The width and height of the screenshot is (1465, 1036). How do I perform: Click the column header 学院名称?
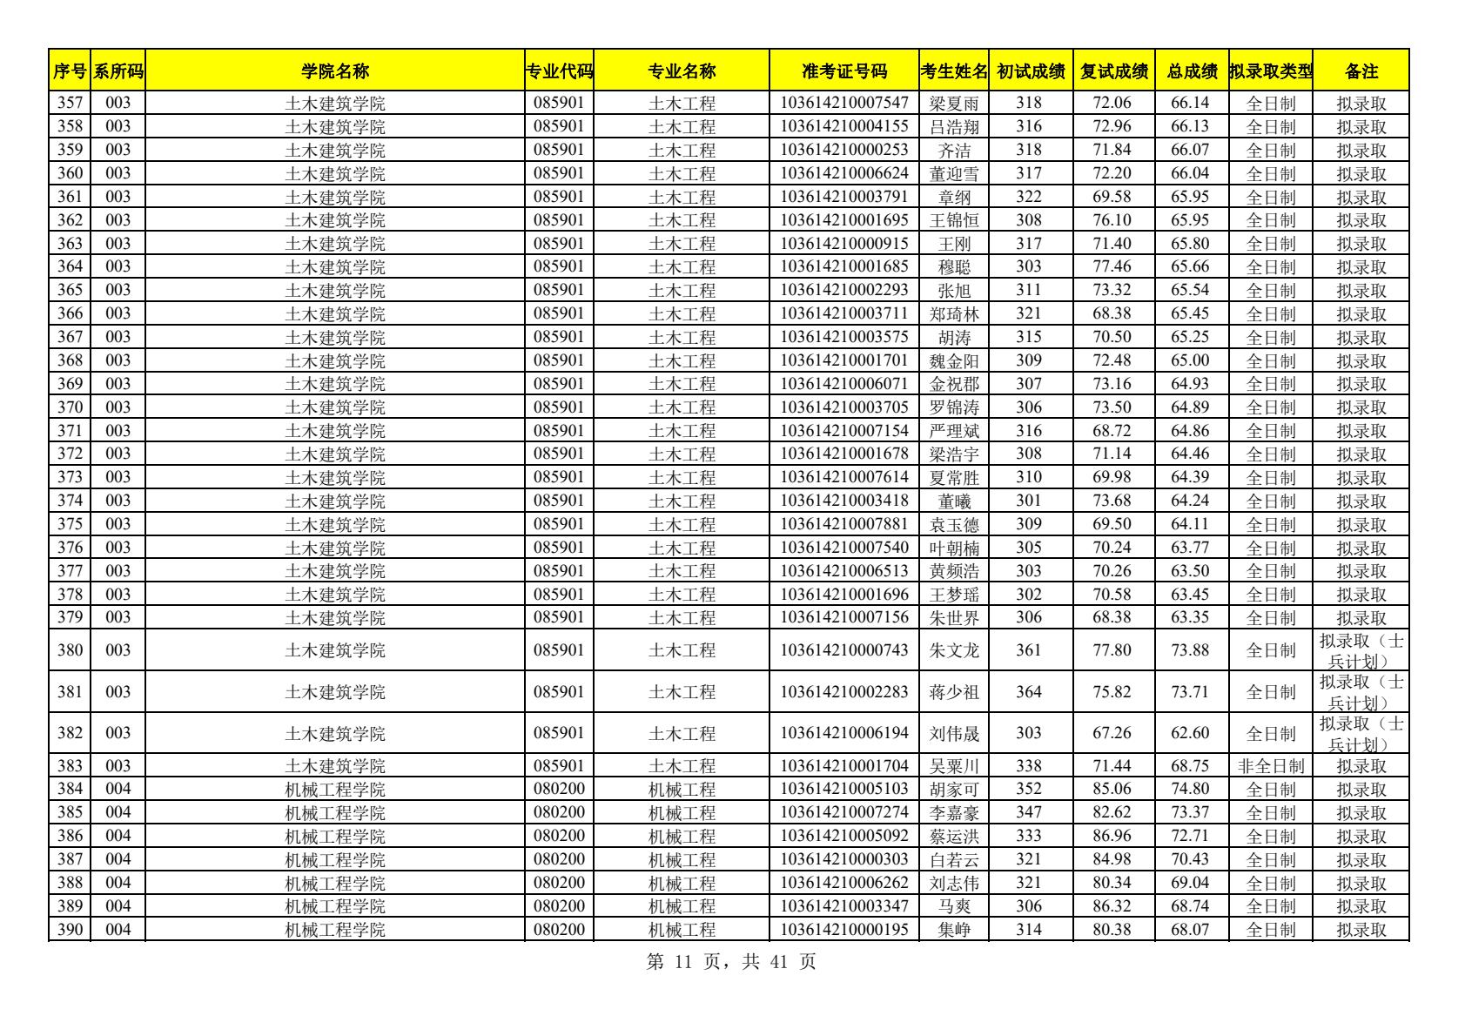[334, 71]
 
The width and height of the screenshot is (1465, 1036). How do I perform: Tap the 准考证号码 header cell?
[843, 71]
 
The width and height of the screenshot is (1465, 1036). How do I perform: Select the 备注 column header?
[1361, 71]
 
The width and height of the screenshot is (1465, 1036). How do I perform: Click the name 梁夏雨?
[954, 104]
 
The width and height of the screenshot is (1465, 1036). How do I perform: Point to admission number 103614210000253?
[843, 150]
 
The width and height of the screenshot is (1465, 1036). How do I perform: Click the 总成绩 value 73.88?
[1189, 650]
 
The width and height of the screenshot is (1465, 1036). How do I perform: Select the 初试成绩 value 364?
[1028, 692]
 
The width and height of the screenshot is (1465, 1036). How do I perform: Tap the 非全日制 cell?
[1270, 766]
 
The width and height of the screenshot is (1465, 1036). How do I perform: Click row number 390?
[70, 930]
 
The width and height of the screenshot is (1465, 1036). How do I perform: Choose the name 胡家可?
[954, 790]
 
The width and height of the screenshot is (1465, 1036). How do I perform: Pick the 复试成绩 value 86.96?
[1112, 837]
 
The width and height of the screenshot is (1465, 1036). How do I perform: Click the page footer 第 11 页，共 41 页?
[732, 962]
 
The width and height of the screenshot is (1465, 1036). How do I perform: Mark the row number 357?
[70, 104]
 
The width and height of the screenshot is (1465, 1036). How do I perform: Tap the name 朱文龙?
[954, 650]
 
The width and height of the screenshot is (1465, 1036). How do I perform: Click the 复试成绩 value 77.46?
[1112, 267]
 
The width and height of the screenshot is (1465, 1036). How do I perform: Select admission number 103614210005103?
[843, 790]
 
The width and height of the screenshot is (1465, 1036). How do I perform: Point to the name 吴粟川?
[954, 766]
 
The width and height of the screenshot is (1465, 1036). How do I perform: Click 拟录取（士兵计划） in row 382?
[1361, 734]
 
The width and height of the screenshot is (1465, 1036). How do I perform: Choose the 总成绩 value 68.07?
[1189, 930]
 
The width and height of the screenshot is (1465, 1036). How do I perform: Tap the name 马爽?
[954, 906]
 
